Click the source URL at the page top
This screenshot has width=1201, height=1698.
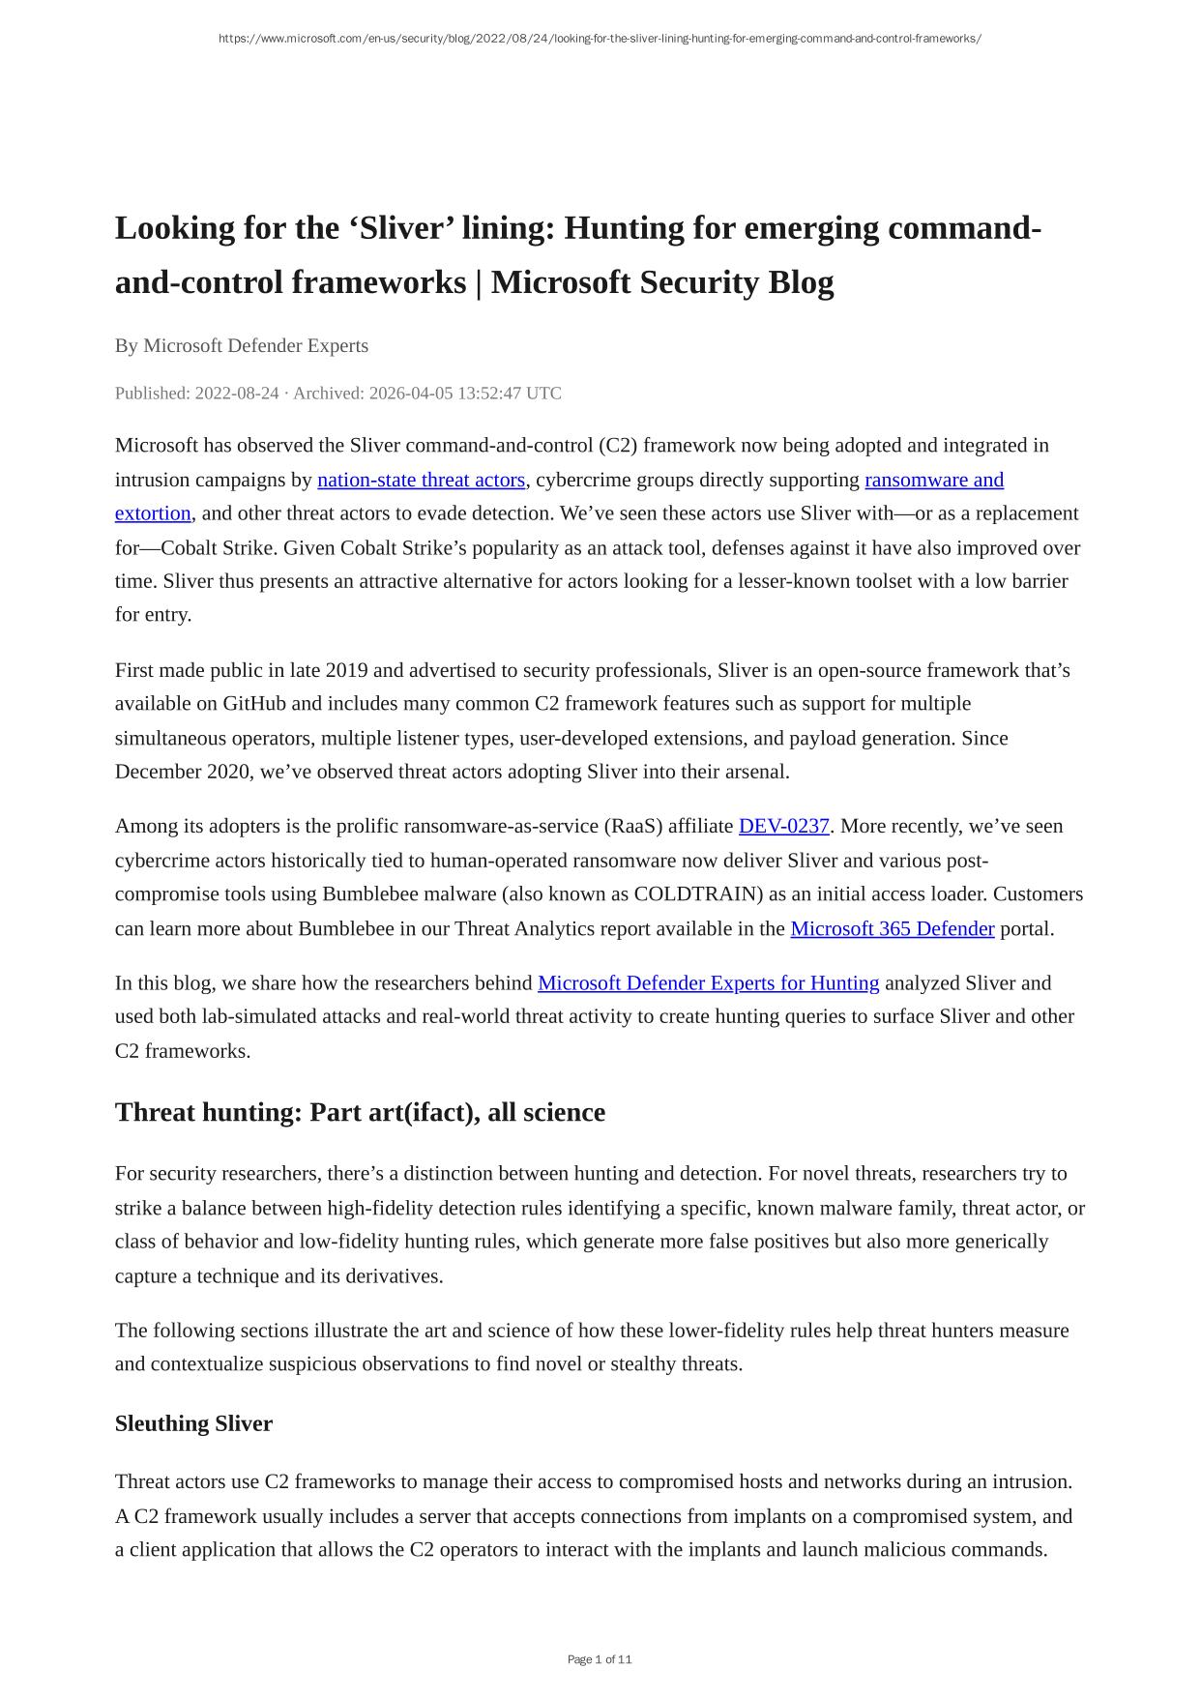600,39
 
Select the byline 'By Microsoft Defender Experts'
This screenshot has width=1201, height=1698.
241,345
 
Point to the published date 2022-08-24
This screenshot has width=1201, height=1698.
236,394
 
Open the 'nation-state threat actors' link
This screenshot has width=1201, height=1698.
421,480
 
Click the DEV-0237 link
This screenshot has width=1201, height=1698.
783,826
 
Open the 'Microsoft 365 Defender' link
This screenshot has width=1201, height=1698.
892,928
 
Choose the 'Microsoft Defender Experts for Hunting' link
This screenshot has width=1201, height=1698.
708,982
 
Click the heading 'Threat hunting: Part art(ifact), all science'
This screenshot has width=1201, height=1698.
360,1112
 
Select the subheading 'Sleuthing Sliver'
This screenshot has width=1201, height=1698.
193,1423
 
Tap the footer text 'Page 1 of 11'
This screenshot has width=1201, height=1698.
600,1659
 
